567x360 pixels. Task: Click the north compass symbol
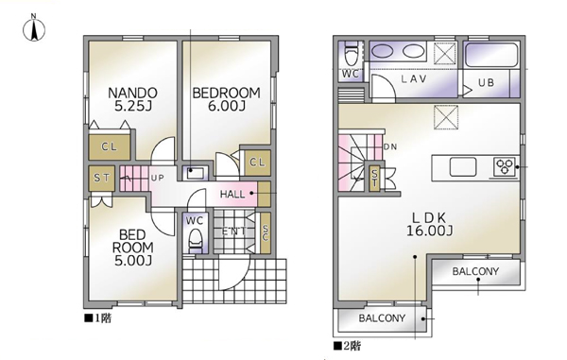pos(34,28)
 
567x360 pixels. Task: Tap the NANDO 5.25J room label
pos(132,99)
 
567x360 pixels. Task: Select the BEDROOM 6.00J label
pos(227,99)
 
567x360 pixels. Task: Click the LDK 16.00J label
pos(429,224)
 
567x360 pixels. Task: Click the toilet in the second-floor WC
pos(351,53)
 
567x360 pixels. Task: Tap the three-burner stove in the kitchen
pos(505,167)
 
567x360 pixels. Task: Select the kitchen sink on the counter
pos(463,167)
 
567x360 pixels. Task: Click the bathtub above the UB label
pos(491,55)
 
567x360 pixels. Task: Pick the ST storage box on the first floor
pos(102,179)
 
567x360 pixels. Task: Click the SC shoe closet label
pos(266,233)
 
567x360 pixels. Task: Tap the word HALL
pos(232,195)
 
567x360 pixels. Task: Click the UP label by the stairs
pos(157,178)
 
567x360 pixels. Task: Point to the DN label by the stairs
pos(390,146)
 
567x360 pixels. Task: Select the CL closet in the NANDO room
pos(110,147)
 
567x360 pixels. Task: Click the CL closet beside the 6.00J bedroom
pos(257,163)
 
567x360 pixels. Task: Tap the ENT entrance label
pos(234,231)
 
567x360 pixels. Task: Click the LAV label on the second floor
pos(414,78)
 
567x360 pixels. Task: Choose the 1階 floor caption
pos(98,318)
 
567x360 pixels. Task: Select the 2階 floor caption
pos(347,346)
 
